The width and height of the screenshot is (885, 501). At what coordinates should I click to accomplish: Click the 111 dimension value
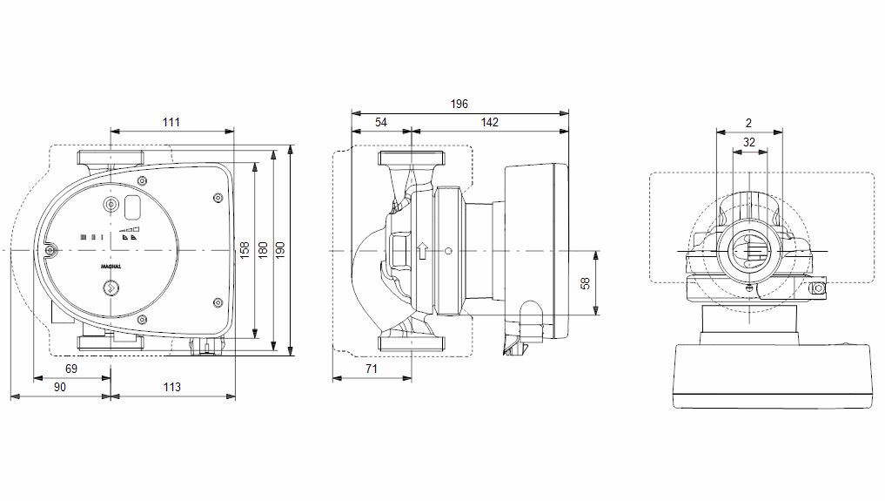click(x=171, y=122)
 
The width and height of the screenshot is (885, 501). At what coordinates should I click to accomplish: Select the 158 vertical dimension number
click(x=245, y=250)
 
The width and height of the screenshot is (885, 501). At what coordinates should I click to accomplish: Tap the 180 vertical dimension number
click(x=263, y=250)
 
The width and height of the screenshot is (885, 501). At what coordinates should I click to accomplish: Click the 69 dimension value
click(x=71, y=369)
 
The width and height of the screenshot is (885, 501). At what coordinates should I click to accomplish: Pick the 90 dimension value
click(x=60, y=387)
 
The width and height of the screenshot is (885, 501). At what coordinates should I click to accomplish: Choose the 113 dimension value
click(x=172, y=387)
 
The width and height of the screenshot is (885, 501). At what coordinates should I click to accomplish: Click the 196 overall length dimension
click(x=459, y=104)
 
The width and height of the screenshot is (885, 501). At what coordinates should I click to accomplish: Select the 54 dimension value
click(x=381, y=122)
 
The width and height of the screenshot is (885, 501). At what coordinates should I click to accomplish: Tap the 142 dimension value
click(x=490, y=122)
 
